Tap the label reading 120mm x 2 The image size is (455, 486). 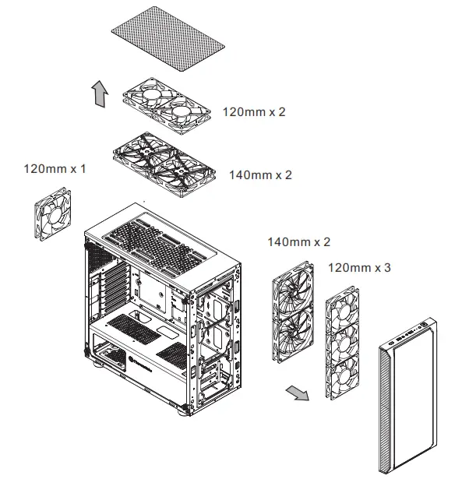click(254, 112)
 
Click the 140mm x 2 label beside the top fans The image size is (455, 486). click(260, 175)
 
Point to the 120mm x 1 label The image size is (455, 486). click(55, 168)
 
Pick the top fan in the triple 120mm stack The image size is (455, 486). click(342, 312)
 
